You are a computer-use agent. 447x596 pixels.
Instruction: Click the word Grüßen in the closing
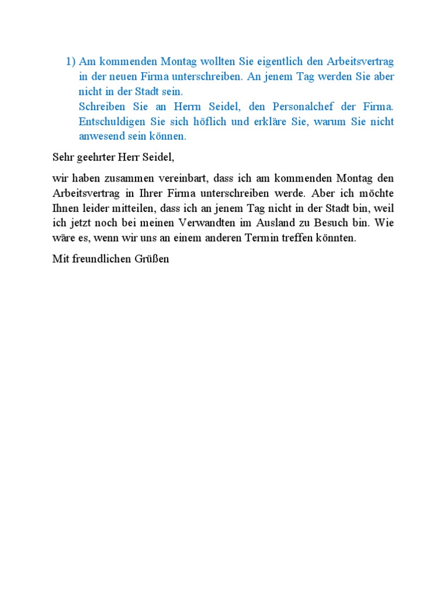[152, 259]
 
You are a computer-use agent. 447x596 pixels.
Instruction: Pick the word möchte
[376, 193]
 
